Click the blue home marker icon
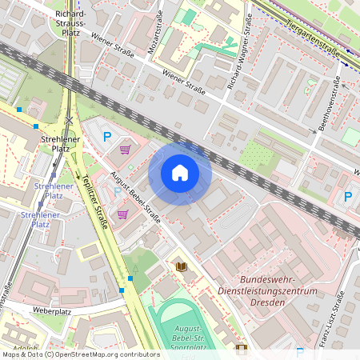[180, 173]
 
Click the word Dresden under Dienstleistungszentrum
[269, 302]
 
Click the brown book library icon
[181, 266]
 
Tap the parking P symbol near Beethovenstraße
[348, 197]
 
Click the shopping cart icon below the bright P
[125, 149]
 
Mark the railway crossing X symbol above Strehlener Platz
[70, 121]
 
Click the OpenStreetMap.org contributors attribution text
[102, 354]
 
